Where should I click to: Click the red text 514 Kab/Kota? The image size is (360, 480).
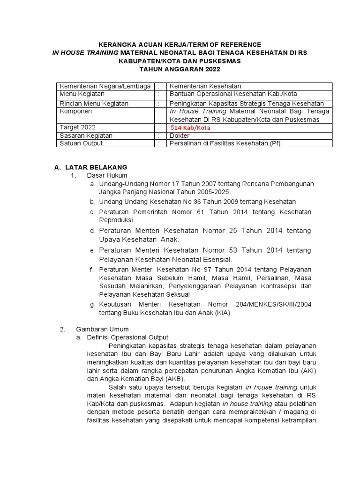click(190, 127)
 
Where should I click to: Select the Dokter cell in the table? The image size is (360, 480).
click(179, 135)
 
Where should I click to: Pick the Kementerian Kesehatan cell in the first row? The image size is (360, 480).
click(205, 86)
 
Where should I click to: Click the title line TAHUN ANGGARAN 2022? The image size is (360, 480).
click(180, 69)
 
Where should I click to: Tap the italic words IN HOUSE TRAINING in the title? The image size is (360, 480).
click(85, 52)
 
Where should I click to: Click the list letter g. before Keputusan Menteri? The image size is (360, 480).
click(92, 305)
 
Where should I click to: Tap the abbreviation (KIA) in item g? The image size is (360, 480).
click(222, 313)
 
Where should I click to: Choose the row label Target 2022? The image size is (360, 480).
click(77, 127)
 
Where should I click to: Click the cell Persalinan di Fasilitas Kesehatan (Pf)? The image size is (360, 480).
click(225, 143)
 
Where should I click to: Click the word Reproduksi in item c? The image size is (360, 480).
click(116, 219)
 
